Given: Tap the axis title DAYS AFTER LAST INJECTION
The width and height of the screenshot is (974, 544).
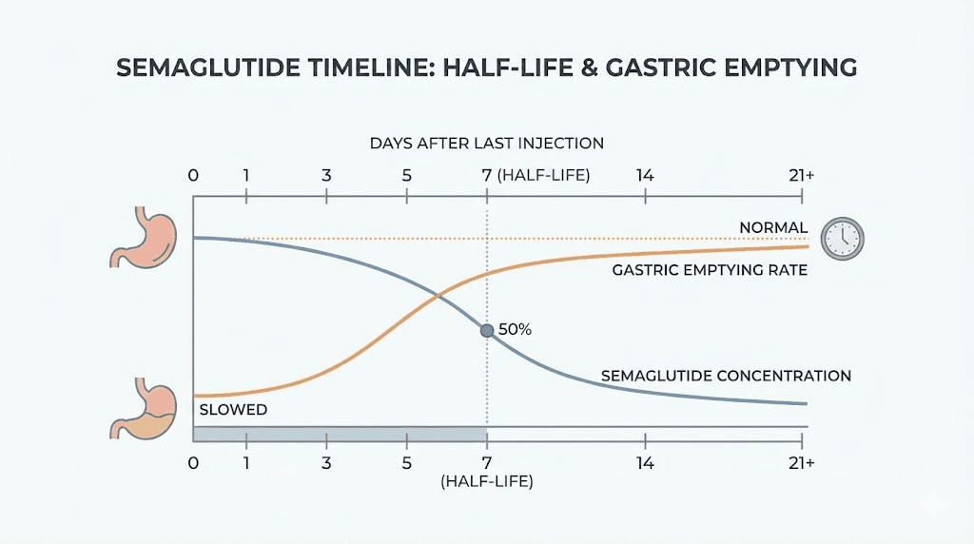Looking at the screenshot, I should click(486, 144).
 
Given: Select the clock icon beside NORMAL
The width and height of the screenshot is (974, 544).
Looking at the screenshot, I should click(842, 237).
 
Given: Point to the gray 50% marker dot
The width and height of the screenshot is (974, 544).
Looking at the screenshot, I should click(487, 330).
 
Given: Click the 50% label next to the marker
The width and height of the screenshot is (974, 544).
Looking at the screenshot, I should click(515, 330).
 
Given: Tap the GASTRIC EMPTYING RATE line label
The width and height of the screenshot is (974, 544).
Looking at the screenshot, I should click(710, 270).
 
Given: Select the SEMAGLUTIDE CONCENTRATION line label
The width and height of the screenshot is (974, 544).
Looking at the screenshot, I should click(726, 376).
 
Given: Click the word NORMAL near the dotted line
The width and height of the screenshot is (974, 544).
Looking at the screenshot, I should click(773, 227).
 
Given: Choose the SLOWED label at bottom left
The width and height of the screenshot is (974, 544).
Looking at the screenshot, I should click(233, 410).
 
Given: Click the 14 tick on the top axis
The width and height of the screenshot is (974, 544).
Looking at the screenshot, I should click(646, 176).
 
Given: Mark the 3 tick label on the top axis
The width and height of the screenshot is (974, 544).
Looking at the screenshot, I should click(326, 176).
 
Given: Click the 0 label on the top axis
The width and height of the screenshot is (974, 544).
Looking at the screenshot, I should click(194, 176).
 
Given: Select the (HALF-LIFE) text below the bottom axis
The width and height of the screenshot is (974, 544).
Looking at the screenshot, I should click(487, 482).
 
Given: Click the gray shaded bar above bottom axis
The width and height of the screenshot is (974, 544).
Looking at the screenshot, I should click(340, 434).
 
